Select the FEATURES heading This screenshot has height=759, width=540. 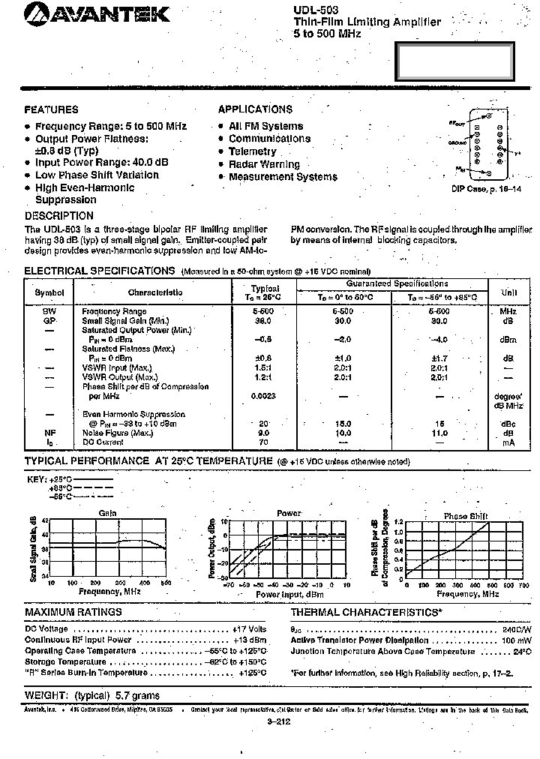pyautogui.click(x=51, y=109)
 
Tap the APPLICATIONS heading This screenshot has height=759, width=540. pyautogui.click(x=255, y=109)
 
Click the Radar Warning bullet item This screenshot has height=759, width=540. pyautogui.click(x=264, y=164)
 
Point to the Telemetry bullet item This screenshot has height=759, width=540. pyautogui.click(x=253, y=151)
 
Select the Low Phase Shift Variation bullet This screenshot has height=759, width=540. pyautogui.click(x=97, y=175)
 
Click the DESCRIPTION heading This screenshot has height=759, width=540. pyautogui.click(x=59, y=216)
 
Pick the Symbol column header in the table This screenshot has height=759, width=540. pyautogui.click(x=49, y=292)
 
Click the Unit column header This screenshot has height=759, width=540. pyautogui.click(x=508, y=292)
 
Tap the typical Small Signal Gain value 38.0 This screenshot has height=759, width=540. pyautogui.click(x=262, y=320)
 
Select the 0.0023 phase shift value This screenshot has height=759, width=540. pyautogui.click(x=263, y=395)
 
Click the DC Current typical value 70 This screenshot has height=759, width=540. pyautogui.click(x=264, y=443)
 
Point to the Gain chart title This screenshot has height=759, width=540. pyautogui.click(x=108, y=513)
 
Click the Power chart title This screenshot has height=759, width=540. pyautogui.click(x=289, y=513)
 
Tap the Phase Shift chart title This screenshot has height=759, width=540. pyautogui.click(x=466, y=516)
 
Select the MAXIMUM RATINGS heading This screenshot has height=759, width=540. pyautogui.click(x=73, y=612)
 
